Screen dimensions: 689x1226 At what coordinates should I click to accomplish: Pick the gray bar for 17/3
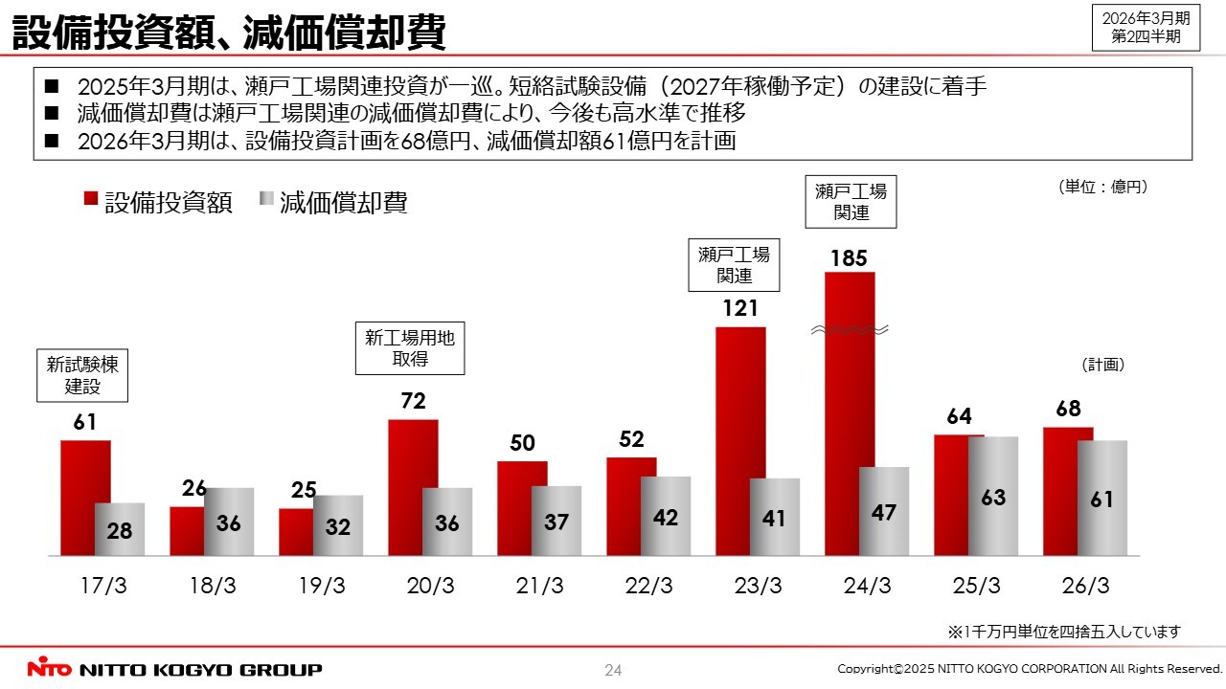[121, 529]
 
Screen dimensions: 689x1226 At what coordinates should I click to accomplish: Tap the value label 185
[849, 258]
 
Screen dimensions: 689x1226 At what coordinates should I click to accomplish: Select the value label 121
[739, 309]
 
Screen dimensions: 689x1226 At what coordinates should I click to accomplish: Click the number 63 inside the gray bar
[993, 499]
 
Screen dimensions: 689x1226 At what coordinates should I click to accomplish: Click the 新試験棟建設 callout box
[83, 375]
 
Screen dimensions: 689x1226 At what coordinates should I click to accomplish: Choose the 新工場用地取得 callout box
[410, 348]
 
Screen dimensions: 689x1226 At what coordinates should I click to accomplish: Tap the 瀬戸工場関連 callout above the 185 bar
[851, 201]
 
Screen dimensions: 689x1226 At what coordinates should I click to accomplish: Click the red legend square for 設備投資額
[91, 200]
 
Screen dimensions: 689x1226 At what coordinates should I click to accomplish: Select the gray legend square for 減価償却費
[266, 200]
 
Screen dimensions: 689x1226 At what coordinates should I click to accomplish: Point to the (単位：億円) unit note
[1102, 188]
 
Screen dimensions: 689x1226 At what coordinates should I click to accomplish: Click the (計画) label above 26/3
[1102, 365]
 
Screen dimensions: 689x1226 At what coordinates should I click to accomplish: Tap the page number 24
[613, 670]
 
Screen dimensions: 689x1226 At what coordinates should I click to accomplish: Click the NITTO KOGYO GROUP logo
[174, 669]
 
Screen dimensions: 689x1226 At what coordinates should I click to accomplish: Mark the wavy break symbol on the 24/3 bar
[850, 330]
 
